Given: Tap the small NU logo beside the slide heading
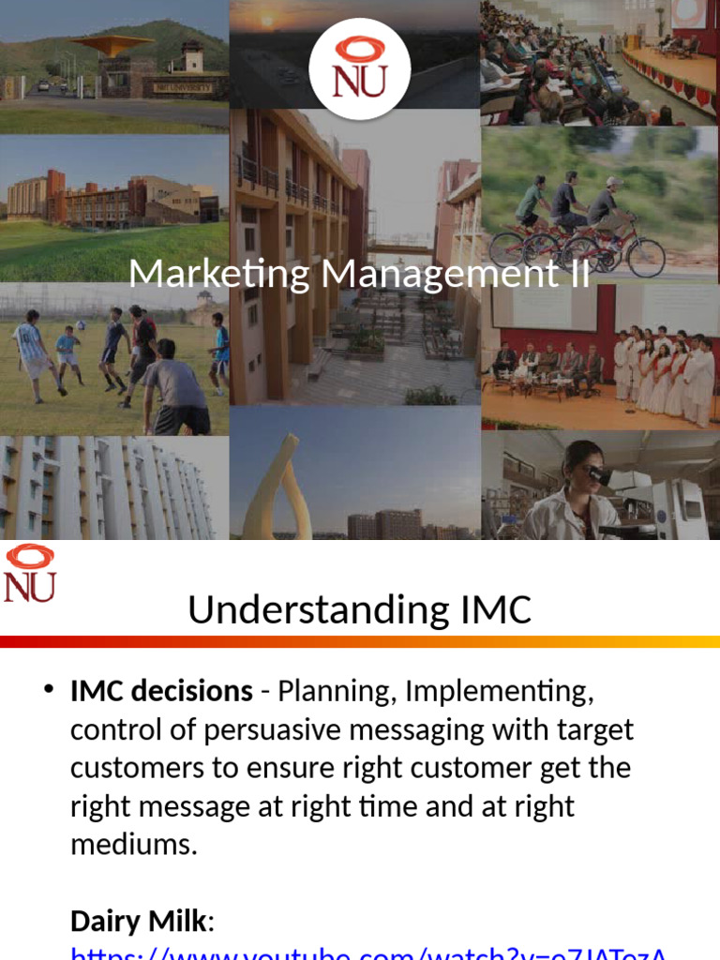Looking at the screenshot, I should [x=30, y=574].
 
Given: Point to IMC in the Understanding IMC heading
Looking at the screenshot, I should [x=485, y=610].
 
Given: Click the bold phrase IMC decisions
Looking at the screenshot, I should [x=161, y=692].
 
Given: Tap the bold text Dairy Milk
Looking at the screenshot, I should [x=138, y=922].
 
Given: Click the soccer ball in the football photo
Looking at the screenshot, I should [x=82, y=325].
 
